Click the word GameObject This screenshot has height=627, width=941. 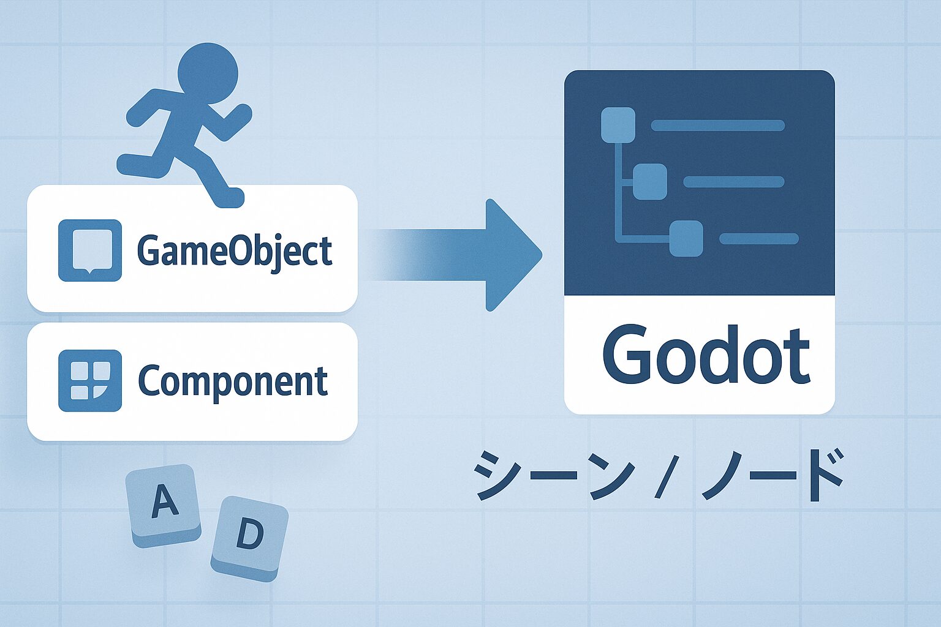pos(235,252)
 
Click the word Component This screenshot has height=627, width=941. pos(233,381)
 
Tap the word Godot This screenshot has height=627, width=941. pos(706,356)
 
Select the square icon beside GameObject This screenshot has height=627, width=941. pos(90,250)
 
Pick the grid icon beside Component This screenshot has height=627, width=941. pos(90,380)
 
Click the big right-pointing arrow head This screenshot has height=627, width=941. pos(513,255)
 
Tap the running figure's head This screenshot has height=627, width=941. pos(208,73)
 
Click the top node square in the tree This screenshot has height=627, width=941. pos(618,125)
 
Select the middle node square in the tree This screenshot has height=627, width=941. pos(649,182)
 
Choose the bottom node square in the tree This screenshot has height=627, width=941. pos(686,238)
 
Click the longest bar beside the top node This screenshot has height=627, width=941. pos(718,125)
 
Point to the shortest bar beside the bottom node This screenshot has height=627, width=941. pos(758,239)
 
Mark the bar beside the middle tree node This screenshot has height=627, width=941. pos(734,182)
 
